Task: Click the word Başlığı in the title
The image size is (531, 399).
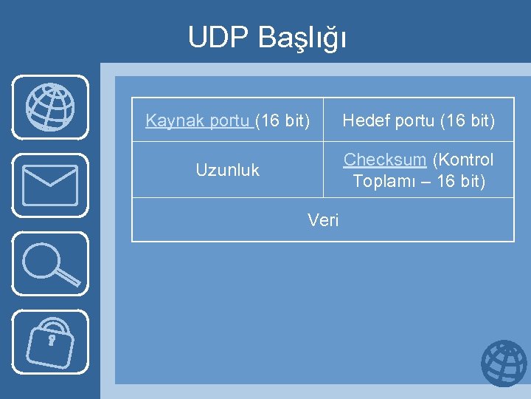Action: tap(302, 38)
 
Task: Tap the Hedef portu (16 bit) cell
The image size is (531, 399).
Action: tap(418, 120)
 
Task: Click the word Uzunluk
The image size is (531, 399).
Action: tap(227, 170)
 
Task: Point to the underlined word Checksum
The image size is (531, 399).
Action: tap(385, 160)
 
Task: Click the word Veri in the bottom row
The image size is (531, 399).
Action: tap(323, 219)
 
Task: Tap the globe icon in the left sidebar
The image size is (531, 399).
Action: tap(50, 107)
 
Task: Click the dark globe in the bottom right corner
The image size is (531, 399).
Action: tap(504, 363)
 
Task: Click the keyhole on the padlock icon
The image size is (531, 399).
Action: tap(51, 341)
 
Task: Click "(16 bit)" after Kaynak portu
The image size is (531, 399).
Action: tap(282, 120)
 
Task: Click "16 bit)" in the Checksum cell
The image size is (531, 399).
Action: tap(460, 181)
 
